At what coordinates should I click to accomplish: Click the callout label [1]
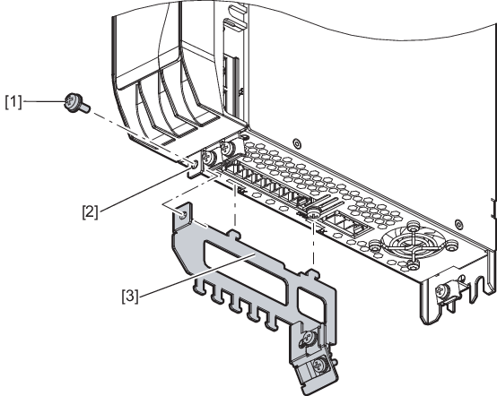(x=13, y=102)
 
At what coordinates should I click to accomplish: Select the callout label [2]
(x=90, y=211)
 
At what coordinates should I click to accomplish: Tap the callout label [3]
(x=130, y=297)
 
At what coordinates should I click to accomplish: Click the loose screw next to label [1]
(x=76, y=104)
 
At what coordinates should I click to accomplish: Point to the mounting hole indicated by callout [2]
(x=194, y=164)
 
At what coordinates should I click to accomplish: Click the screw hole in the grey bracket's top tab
(x=182, y=216)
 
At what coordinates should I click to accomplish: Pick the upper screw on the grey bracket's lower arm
(x=308, y=340)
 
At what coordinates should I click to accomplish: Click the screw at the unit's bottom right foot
(x=442, y=291)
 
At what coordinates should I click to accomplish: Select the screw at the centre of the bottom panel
(x=312, y=212)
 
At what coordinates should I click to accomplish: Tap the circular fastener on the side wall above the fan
(x=458, y=224)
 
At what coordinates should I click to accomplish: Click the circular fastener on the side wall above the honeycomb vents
(x=296, y=143)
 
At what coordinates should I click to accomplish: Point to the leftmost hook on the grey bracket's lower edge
(x=197, y=287)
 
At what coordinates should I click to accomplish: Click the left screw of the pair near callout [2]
(x=209, y=156)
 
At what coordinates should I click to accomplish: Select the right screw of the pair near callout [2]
(x=227, y=147)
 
